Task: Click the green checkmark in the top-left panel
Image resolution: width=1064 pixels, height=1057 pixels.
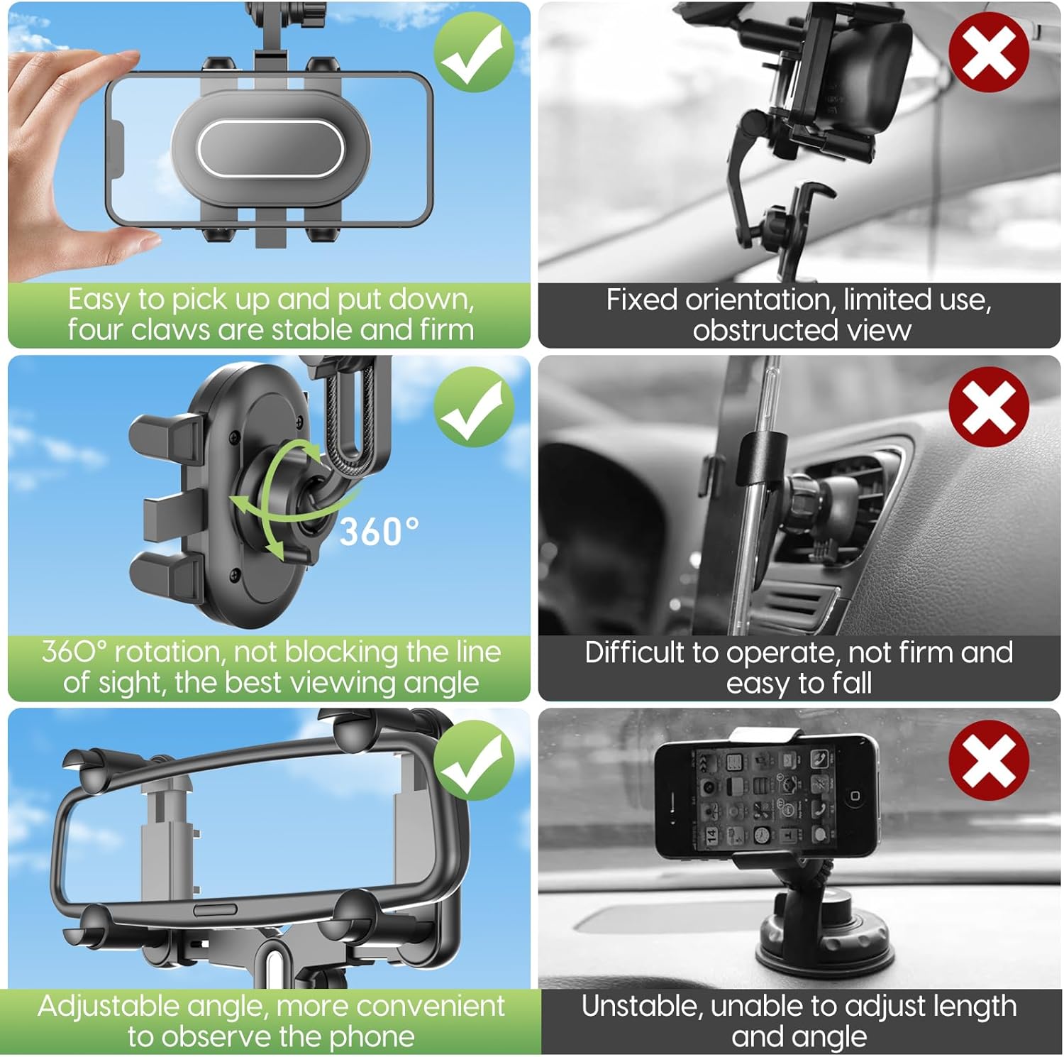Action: pyautogui.click(x=474, y=51)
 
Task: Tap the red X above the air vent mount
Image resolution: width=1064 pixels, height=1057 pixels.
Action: pyautogui.click(x=989, y=407)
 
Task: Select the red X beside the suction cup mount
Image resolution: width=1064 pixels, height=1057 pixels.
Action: pyautogui.click(x=989, y=760)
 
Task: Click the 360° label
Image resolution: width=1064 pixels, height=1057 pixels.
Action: pyautogui.click(x=379, y=532)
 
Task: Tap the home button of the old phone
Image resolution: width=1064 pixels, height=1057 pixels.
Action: pyautogui.click(x=855, y=796)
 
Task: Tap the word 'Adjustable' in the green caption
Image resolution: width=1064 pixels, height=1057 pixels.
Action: pyautogui.click(x=109, y=1007)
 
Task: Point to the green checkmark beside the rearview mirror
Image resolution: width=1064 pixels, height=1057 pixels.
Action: pyautogui.click(x=474, y=760)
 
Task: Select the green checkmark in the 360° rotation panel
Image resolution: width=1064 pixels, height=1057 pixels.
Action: pyautogui.click(x=474, y=407)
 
